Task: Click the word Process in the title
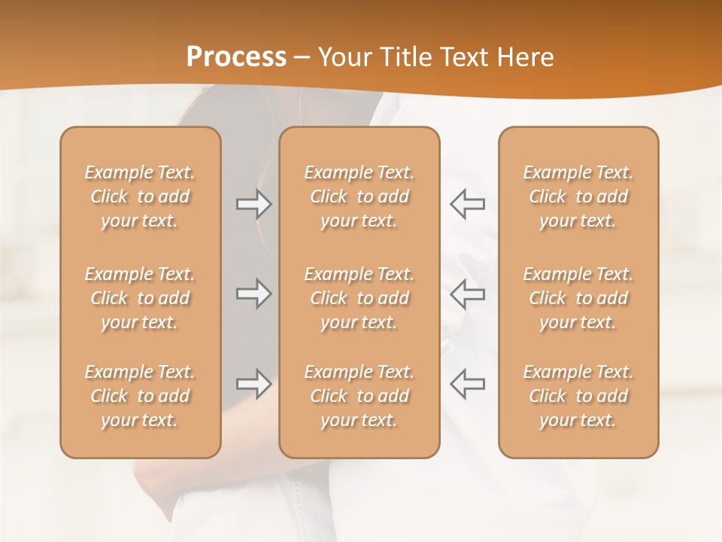tap(236, 57)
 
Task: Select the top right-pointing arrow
tap(253, 204)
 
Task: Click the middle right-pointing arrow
tap(253, 293)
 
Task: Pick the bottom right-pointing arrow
tap(253, 384)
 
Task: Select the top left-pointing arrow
tap(468, 204)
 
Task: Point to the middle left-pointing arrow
tap(468, 293)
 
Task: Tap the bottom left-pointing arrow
tap(468, 384)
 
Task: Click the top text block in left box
tap(140, 196)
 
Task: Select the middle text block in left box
tap(140, 298)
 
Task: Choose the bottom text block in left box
tap(140, 396)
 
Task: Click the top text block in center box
tap(359, 196)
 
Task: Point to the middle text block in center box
tap(359, 298)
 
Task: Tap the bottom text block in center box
tap(359, 396)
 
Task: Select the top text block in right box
tap(578, 196)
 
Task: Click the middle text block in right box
tap(578, 298)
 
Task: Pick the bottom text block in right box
tap(578, 396)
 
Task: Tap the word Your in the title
tap(343, 57)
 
